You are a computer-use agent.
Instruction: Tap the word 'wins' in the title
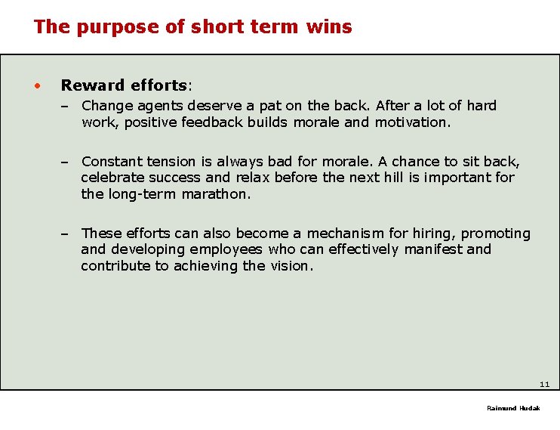pyautogui.click(x=330, y=27)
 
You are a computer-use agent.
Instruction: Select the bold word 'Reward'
pyautogui.click(x=91, y=85)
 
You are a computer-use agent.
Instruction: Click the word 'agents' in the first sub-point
pyautogui.click(x=162, y=107)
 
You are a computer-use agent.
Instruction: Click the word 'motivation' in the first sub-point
pyautogui.click(x=411, y=122)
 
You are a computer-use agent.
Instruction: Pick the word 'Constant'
pyautogui.click(x=110, y=162)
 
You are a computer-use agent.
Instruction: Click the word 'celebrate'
pyautogui.click(x=112, y=178)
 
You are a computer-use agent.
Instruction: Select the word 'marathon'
pyautogui.click(x=214, y=194)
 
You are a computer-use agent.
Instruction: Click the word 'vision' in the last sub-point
pyautogui.click(x=289, y=266)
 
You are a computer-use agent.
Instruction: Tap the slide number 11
pyautogui.click(x=544, y=385)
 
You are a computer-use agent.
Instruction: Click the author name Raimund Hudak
pyautogui.click(x=513, y=408)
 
